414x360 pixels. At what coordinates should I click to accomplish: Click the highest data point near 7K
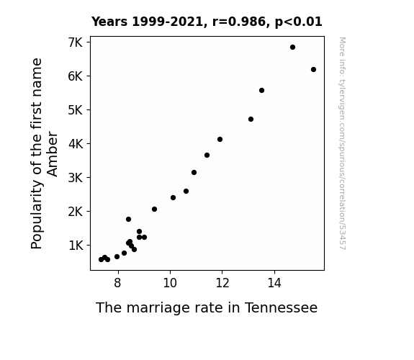pos(292,48)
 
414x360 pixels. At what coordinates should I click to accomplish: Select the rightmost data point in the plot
pos(313,69)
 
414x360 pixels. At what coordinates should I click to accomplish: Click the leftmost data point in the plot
pos(101,260)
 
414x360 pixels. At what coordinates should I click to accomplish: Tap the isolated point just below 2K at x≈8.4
pos(129,219)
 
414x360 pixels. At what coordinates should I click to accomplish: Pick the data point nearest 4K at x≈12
pos(220,139)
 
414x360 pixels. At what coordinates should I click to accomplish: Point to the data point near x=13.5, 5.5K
pos(261,90)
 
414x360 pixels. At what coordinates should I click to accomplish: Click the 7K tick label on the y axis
pos(76,42)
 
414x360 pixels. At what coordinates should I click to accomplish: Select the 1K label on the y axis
pos(76,246)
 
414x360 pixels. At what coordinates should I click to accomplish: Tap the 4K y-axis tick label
pos(76,144)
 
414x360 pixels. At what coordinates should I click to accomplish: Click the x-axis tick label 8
pos(117,283)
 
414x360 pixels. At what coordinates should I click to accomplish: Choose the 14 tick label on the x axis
pos(274,283)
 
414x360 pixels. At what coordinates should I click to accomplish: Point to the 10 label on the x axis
pos(170,283)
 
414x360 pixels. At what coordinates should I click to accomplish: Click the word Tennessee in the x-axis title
pos(281,307)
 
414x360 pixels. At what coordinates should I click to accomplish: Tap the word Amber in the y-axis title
pos(52,154)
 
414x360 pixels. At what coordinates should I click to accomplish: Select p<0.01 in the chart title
pos(299,22)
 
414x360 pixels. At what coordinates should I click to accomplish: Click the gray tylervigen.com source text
pos(342,143)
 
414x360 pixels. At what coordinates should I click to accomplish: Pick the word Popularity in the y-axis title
pos(37,215)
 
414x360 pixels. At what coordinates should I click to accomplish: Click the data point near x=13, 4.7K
pos(251,119)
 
